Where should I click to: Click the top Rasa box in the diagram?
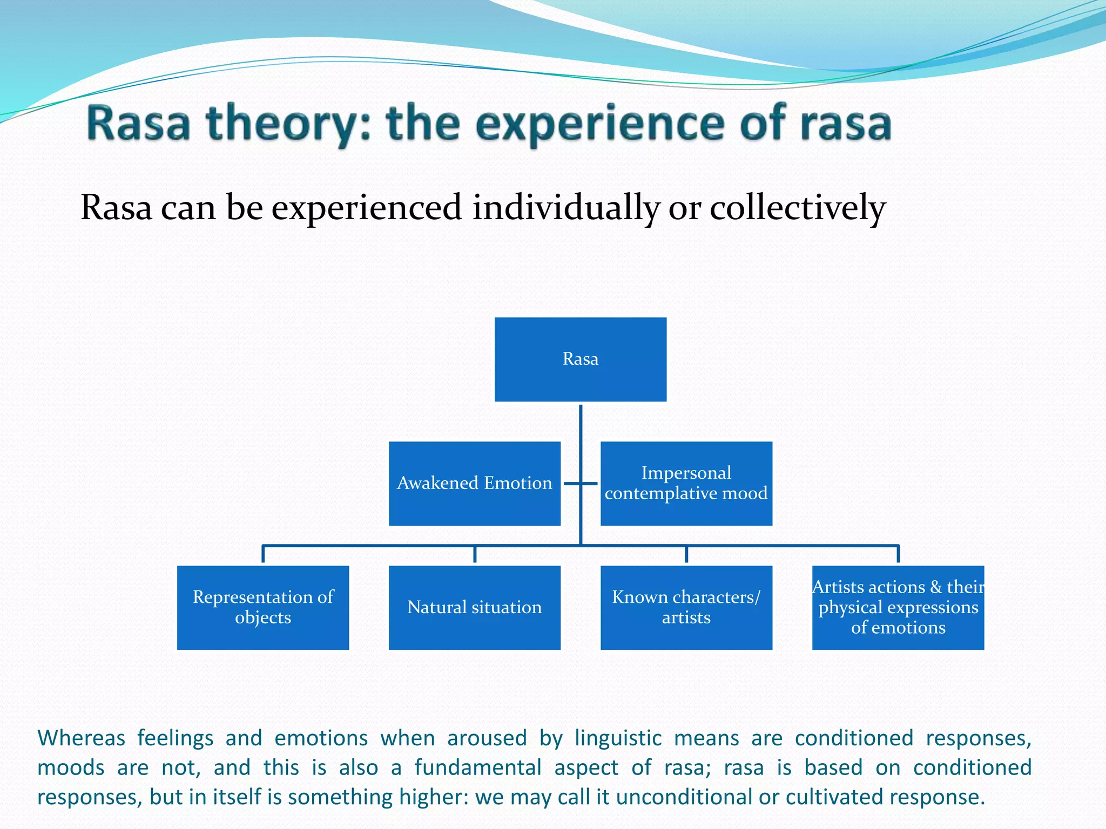581,359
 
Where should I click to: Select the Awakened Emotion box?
475,483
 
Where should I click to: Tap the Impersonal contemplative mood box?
686,483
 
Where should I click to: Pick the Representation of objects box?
263,607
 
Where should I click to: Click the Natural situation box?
475,607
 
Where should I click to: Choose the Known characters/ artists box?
686,607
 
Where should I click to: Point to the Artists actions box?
898,607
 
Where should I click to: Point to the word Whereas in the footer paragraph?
81,738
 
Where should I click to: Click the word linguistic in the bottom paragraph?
618,738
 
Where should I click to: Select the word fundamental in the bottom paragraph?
477,767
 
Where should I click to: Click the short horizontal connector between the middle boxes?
581,483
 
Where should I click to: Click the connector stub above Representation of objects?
263,554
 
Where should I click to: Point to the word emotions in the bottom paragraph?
321,738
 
